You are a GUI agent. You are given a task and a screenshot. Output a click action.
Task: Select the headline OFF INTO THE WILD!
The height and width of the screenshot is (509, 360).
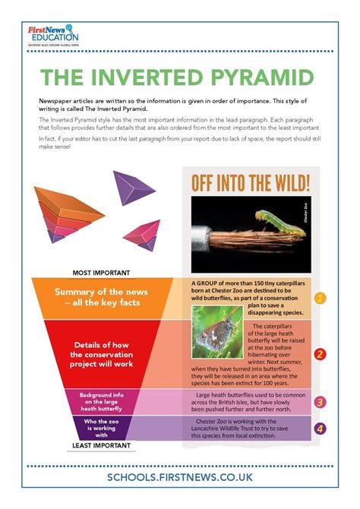(x=251, y=183)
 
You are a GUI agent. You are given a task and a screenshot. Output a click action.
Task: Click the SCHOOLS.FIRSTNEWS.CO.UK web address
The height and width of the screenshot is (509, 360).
(x=181, y=476)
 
